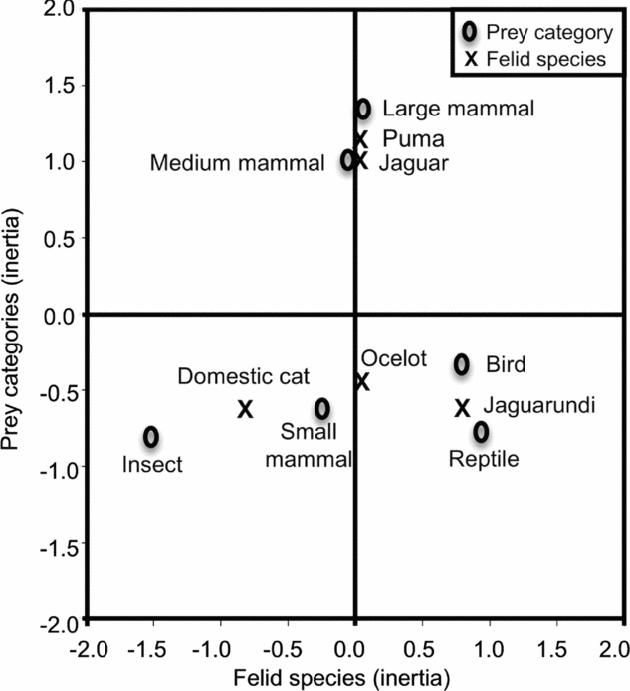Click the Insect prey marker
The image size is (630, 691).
coord(150,436)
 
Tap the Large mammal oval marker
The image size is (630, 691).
coord(363,108)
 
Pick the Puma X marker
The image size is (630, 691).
coord(361,139)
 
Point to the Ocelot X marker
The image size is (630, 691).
coord(362,381)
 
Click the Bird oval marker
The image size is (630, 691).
coord(462,364)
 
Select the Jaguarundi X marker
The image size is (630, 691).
coord(462,407)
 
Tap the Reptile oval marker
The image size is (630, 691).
coord(481,431)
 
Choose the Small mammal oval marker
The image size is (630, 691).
coord(322,408)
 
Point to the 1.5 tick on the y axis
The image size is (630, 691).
coord(61,86)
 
